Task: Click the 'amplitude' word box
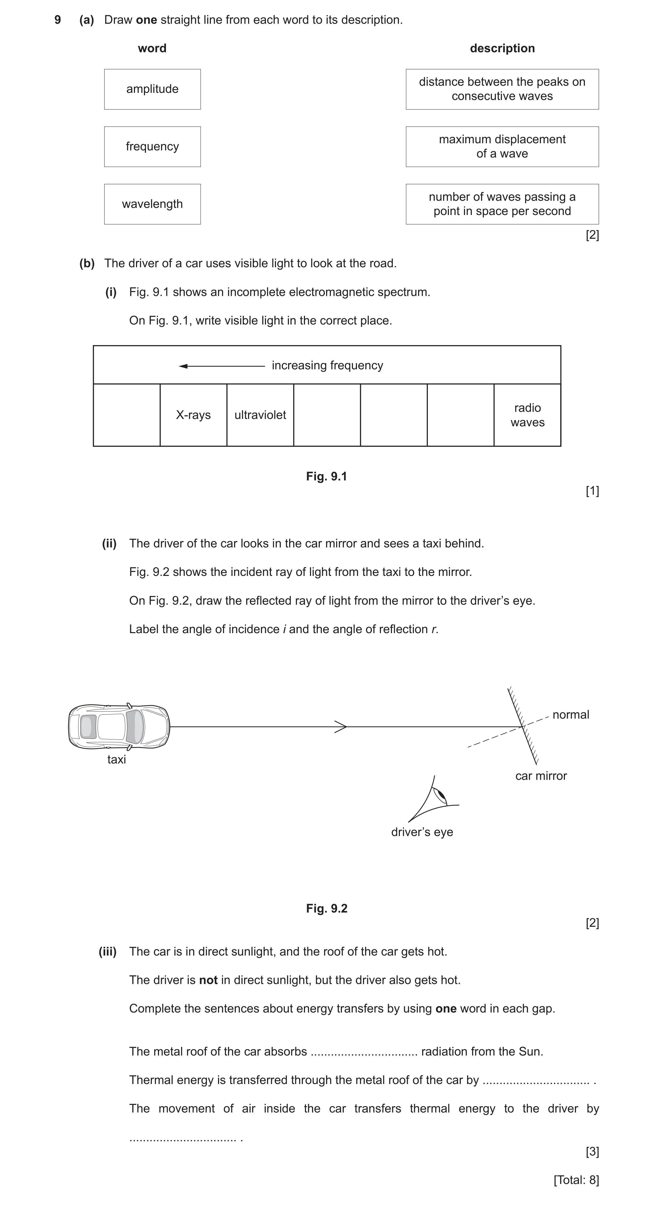click(152, 89)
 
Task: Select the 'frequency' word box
click(152, 146)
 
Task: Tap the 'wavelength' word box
click(152, 204)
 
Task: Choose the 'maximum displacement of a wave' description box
click(502, 146)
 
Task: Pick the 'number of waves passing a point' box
click(502, 204)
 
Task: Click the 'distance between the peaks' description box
click(502, 89)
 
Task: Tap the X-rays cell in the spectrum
click(193, 415)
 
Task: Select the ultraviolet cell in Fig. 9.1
click(260, 415)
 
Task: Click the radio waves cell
click(527, 415)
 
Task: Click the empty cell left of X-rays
click(127, 415)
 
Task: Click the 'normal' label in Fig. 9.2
click(571, 715)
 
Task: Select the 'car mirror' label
click(541, 776)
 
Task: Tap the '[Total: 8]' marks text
click(576, 1180)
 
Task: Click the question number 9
click(58, 20)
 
